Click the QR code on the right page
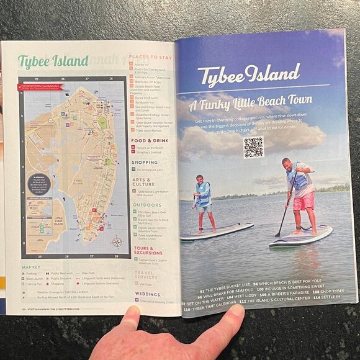(x=253, y=147)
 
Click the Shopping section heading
(x=145, y=163)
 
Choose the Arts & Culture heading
(x=143, y=181)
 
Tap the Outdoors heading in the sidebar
(x=146, y=204)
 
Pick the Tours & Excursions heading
(x=147, y=251)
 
